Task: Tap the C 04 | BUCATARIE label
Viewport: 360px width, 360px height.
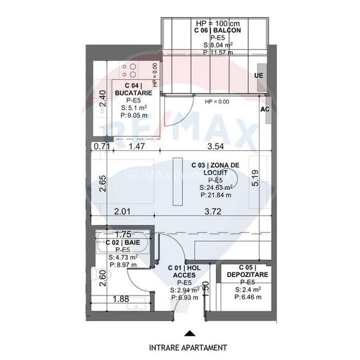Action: point(133,90)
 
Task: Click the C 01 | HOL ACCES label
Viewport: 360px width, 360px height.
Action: point(184,271)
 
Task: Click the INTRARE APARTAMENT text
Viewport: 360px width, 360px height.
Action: point(187,348)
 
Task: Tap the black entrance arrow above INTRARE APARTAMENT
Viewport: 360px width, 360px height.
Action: point(187,333)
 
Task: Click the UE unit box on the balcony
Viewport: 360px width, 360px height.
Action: point(258,75)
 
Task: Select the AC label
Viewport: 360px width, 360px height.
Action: point(264,109)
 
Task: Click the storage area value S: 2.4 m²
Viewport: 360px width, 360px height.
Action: point(246,290)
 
